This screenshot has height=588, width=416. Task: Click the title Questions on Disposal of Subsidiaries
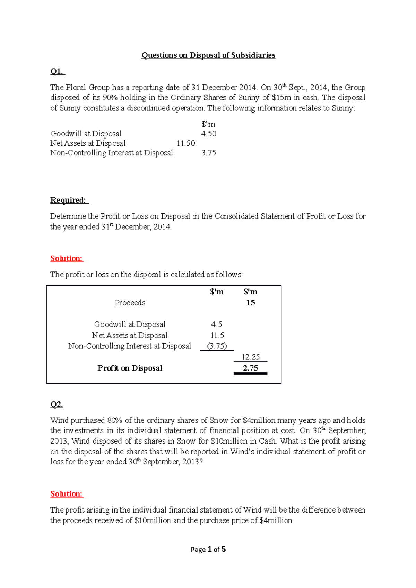coord(208,55)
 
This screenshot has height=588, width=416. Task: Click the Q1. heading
coord(57,72)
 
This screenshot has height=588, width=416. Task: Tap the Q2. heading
coord(57,404)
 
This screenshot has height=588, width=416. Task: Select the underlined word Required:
coord(69,200)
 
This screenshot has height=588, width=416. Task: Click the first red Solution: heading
coord(67,258)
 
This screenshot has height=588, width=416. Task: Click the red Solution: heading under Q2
coord(67,494)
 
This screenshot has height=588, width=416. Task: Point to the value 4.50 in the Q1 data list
coord(209,134)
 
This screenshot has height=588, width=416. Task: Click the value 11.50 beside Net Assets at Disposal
coord(186,143)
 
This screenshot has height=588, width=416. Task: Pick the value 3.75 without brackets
coord(209,153)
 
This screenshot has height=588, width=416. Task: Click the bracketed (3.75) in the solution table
coord(217,346)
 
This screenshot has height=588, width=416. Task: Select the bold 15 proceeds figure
coord(251,303)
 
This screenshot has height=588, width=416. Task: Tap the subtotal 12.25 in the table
coord(251,357)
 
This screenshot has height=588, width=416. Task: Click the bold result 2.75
coord(251,368)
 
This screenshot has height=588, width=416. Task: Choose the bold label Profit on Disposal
coord(130,368)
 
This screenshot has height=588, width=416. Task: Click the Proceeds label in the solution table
coord(130,303)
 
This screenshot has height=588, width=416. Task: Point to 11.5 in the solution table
coord(217,335)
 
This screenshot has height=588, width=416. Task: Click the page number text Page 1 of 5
coord(208,550)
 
